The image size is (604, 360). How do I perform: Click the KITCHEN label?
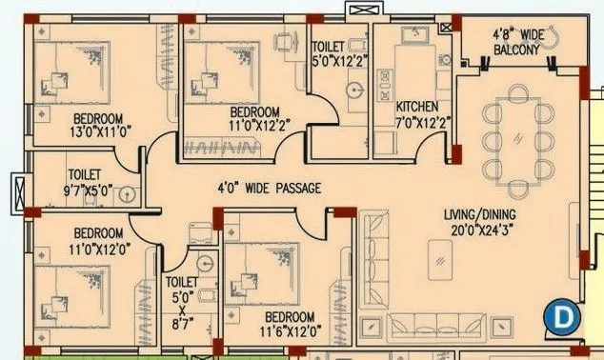click(417, 106)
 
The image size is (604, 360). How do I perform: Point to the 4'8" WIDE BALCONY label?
click(515, 42)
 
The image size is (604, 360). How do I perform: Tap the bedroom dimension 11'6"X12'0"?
click(290, 330)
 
